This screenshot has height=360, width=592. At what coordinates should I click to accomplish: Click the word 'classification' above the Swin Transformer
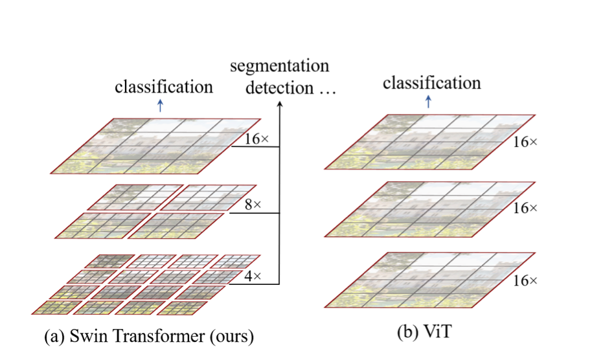tap(164, 87)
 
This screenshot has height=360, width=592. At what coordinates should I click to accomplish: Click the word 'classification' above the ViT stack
tap(432, 83)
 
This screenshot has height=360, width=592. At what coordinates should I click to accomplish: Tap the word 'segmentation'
tap(280, 66)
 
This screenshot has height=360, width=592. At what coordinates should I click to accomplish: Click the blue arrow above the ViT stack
tap(428, 101)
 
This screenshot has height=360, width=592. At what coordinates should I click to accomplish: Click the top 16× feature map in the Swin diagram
tap(155, 146)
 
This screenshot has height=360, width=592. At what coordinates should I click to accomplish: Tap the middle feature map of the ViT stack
tap(429, 208)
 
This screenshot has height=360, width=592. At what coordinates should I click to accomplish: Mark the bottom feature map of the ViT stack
tap(429, 278)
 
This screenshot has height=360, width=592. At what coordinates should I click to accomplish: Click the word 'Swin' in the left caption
tap(93, 337)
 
